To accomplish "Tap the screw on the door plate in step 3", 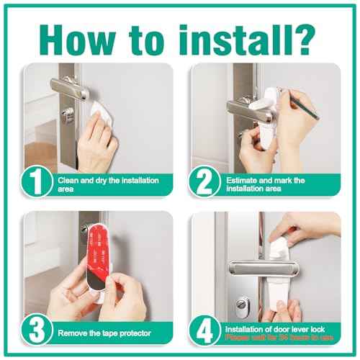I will coord(84,230).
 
